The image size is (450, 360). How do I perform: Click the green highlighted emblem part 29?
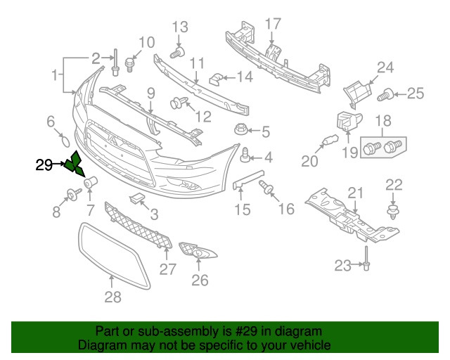tap(75, 165)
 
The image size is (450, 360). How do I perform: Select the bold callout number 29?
tap(44, 165)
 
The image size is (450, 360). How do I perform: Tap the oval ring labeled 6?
tap(65, 142)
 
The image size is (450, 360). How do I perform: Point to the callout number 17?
tap(273, 24)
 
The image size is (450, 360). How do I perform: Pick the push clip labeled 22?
tap(393, 212)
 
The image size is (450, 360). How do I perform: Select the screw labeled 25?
tap(385, 95)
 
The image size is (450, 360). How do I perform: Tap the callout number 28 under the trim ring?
tap(112, 297)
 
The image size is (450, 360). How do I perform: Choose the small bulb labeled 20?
tap(330, 140)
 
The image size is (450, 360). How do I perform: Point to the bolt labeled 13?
tap(177, 53)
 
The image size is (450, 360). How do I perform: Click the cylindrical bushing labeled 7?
tap(91, 182)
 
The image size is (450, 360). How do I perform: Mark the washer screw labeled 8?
tap(73, 194)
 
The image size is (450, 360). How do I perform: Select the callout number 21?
tap(356, 193)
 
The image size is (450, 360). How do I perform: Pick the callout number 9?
tap(151, 94)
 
